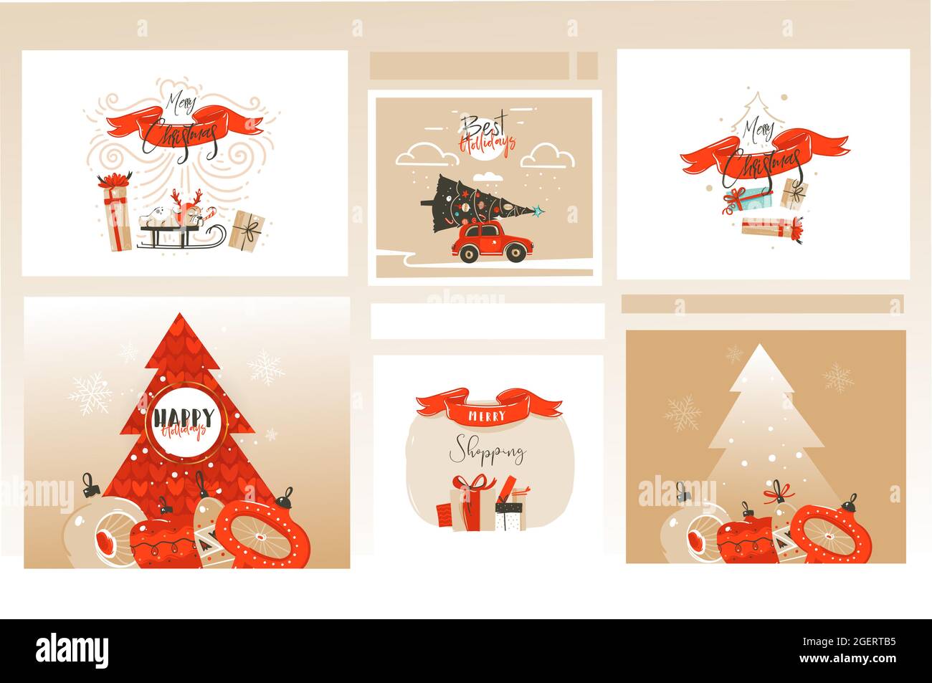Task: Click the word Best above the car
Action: (x=482, y=127)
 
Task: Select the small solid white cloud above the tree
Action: (x=488, y=176)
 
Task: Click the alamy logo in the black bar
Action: (x=72, y=650)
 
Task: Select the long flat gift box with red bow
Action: (x=771, y=228)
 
